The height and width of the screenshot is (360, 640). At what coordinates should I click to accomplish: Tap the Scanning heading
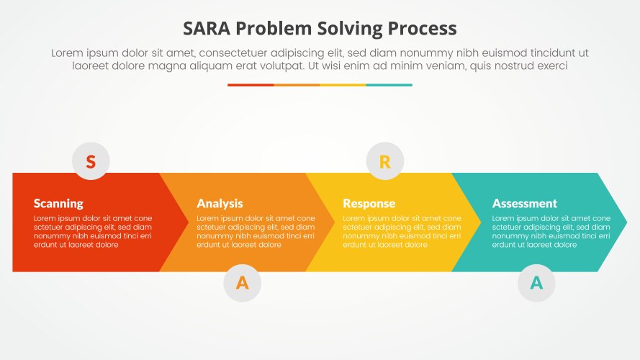(58, 203)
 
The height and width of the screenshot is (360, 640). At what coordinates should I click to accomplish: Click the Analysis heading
(220, 203)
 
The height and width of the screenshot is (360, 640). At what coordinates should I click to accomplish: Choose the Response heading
(369, 203)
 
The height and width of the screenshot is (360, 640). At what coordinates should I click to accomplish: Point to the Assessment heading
(524, 203)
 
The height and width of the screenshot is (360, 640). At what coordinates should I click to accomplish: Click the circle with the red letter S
(91, 161)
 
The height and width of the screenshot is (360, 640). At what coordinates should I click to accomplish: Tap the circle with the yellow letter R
(385, 161)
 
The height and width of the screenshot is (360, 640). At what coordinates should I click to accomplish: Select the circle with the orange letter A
(243, 283)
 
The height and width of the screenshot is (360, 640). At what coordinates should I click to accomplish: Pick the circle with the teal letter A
(536, 283)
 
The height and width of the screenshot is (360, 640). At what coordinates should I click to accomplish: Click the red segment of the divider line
(251, 85)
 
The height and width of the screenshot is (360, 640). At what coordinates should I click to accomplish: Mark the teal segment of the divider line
(389, 85)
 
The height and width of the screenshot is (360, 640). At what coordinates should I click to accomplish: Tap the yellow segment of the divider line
(343, 85)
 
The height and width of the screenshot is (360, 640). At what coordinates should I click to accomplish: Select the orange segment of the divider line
(297, 85)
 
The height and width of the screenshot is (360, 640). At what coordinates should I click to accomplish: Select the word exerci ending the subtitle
(550, 66)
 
